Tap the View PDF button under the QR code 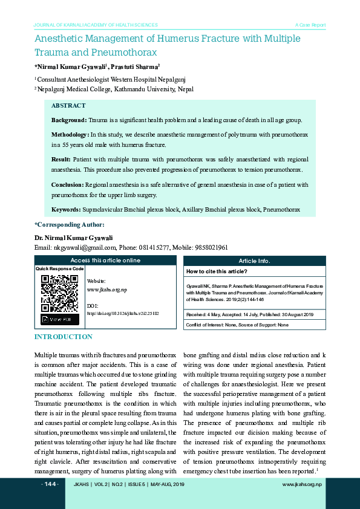[x=59, y=319]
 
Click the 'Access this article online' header [x=105, y=261]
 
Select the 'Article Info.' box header [x=254, y=261]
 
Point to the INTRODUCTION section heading [x=64, y=337]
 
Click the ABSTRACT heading [x=68, y=106]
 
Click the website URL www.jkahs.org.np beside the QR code [x=107, y=290]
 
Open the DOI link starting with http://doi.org [x=123, y=313]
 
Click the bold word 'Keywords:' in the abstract [x=66, y=209]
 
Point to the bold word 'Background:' [x=70, y=120]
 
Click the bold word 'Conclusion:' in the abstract [x=68, y=184]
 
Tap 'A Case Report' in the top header [x=310, y=25]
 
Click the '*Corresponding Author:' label [x=70, y=225]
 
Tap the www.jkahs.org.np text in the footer [x=302, y=485]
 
